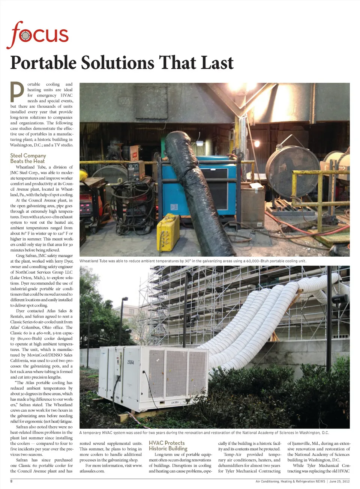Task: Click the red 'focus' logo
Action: pos(37,35)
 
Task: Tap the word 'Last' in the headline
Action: pos(217,63)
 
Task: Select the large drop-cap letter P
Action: pos(17,92)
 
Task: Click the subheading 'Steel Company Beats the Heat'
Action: pos(28,158)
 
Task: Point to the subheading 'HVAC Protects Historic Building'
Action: pos(168,445)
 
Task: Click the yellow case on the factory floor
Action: pos(168,233)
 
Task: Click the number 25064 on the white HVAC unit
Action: pos(130,362)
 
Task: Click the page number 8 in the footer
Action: pos(11,481)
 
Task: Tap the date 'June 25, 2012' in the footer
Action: pos(339,481)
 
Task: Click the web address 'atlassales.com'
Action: pos(92,471)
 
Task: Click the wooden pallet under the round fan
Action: pos(291,206)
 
